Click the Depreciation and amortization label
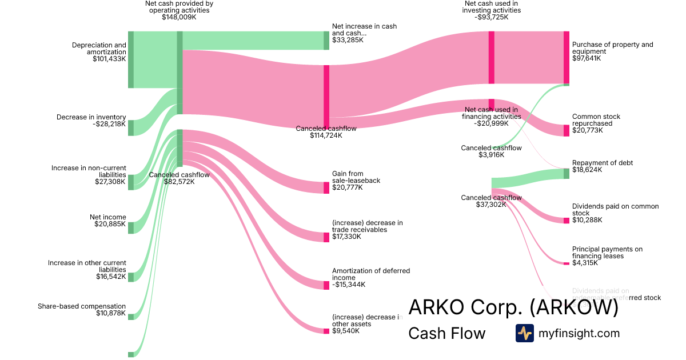[99, 49]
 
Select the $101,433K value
[109, 59]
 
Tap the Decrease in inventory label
[91, 117]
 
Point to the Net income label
[107, 217]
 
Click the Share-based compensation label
[82, 306]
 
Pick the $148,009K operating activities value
[179, 17]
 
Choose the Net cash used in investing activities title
[491, 7]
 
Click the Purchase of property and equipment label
[612, 48]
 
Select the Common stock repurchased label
[596, 120]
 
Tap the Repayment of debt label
[603, 163]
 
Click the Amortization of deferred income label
[371, 274]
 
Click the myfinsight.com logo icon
[524, 333]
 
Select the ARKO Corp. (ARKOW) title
[513, 307]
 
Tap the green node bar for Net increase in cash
[326, 41]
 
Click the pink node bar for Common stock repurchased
[566, 130]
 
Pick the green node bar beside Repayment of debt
[566, 173]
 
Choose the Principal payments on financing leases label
[607, 253]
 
